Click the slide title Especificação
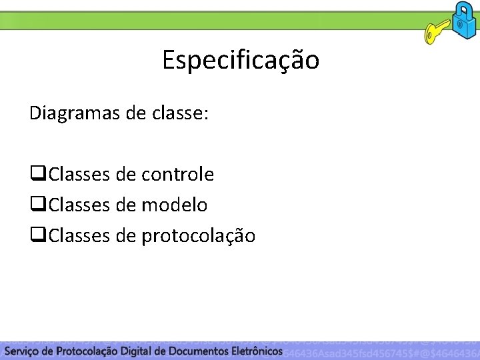241,61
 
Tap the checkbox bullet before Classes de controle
37,175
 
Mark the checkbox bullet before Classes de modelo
37,205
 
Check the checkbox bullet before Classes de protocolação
37,236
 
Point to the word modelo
175,205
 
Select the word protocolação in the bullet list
198,236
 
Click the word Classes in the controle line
79,175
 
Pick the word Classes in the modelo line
79,205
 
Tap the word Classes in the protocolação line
79,236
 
